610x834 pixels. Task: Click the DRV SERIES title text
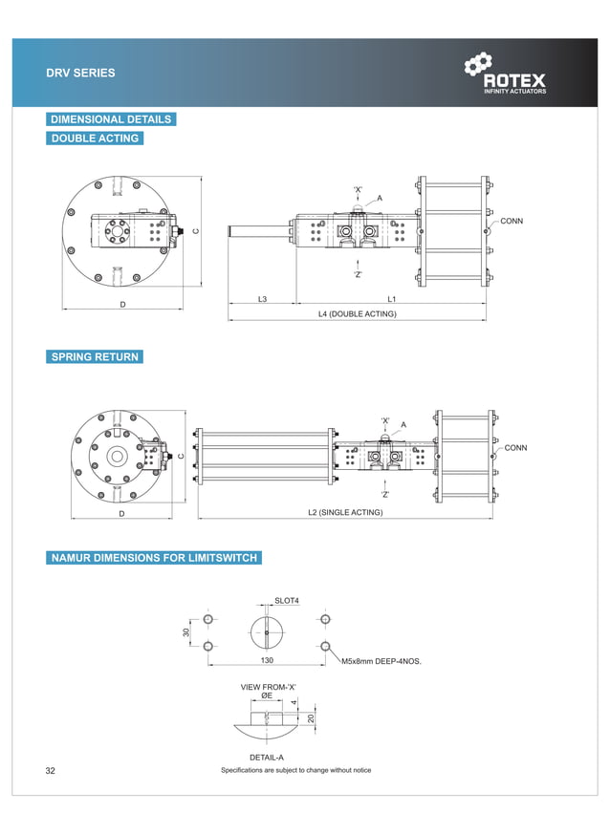(81, 73)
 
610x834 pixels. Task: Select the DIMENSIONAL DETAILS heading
(111, 119)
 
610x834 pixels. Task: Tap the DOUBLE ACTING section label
(95, 139)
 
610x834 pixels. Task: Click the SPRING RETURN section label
(95, 357)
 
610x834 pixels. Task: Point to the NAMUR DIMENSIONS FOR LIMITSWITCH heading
(154, 558)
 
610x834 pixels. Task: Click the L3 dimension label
(262, 300)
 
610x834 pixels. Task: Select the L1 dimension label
(392, 300)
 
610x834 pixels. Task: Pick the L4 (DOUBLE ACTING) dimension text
(358, 313)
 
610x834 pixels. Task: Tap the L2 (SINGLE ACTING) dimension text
(345, 513)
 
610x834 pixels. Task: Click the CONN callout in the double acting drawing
(512, 222)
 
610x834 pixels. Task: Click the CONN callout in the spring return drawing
(515, 448)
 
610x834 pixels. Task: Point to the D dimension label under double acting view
(123, 305)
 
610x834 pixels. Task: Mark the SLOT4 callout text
(287, 601)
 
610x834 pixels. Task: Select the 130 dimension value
(267, 660)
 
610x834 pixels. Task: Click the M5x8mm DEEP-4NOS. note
(381, 661)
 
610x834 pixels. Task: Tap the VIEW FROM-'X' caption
(269, 687)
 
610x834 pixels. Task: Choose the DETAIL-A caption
(266, 758)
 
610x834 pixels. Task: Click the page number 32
(51, 770)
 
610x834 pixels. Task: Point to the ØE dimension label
(267, 696)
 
